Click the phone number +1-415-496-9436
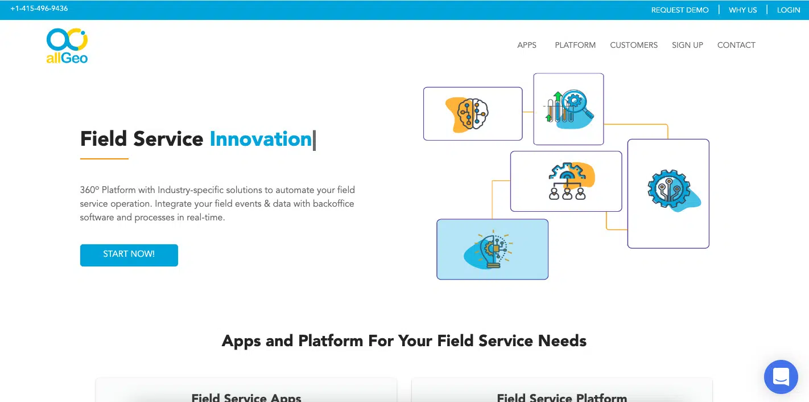click(x=39, y=9)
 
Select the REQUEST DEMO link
click(x=680, y=10)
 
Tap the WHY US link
click(x=742, y=10)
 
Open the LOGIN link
click(x=789, y=10)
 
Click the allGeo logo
click(x=67, y=46)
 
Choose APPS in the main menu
click(x=527, y=45)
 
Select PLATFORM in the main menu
click(x=575, y=45)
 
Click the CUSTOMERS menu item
click(x=633, y=45)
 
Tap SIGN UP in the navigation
click(x=687, y=45)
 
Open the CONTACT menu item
click(x=736, y=45)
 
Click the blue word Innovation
click(x=261, y=139)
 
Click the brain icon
click(x=472, y=113)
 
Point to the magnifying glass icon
click(x=578, y=102)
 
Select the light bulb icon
click(x=493, y=250)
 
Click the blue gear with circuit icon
click(x=669, y=188)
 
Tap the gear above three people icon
click(x=567, y=181)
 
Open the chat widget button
click(x=781, y=377)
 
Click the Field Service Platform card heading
click(x=562, y=397)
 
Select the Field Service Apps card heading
click(x=246, y=397)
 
